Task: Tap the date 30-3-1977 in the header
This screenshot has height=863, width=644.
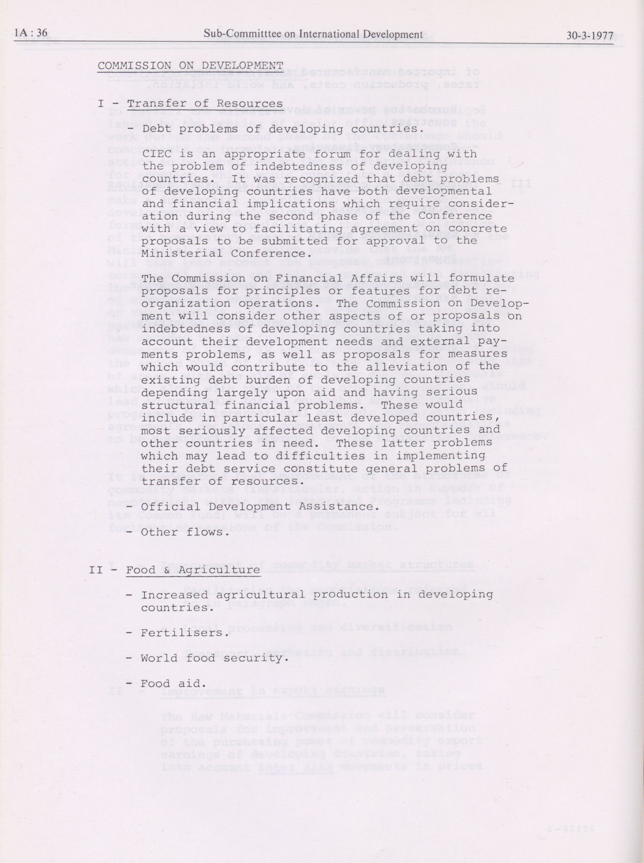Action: (x=589, y=35)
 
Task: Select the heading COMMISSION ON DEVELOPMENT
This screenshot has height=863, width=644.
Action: (x=190, y=65)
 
